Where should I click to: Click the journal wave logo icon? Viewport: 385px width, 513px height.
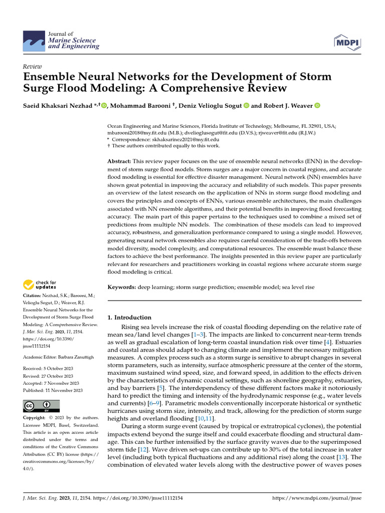[34, 40]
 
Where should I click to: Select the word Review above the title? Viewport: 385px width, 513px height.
[33, 67]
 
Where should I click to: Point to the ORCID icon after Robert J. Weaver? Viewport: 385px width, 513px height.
[317, 106]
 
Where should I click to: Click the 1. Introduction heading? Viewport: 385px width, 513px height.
[129, 317]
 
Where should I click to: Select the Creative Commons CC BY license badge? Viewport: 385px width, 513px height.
[42, 406]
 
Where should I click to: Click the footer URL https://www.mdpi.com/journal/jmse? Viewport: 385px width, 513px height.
[316, 498]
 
